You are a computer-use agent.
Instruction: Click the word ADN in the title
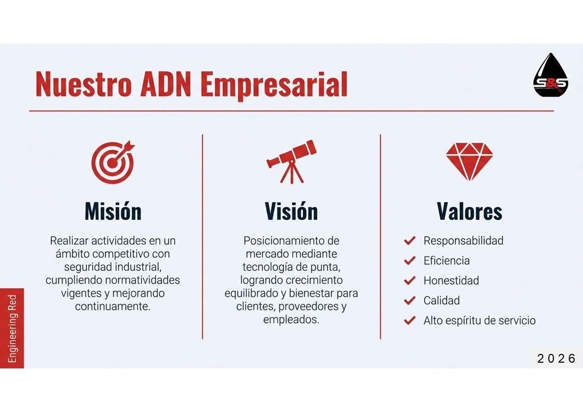point(166,85)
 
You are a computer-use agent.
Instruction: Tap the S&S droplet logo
point(550,75)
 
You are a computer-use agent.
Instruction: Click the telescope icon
point(291,161)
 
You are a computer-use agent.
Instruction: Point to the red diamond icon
point(469,161)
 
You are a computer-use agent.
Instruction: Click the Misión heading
point(113,211)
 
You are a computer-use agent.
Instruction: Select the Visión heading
point(291,211)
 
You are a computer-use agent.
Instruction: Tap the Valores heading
point(469,211)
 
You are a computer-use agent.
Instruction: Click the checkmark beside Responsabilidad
point(410,241)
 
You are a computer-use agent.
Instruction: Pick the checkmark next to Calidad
point(410,300)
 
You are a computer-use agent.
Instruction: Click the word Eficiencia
point(446,261)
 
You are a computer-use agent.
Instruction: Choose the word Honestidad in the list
point(451,281)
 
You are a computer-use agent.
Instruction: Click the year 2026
point(556,359)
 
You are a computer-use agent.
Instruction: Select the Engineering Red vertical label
point(12,328)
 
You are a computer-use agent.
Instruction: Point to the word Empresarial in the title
point(274,86)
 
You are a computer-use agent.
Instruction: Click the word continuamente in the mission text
point(113,307)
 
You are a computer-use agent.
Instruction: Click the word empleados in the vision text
point(291,320)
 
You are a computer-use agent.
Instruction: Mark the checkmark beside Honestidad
point(410,281)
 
